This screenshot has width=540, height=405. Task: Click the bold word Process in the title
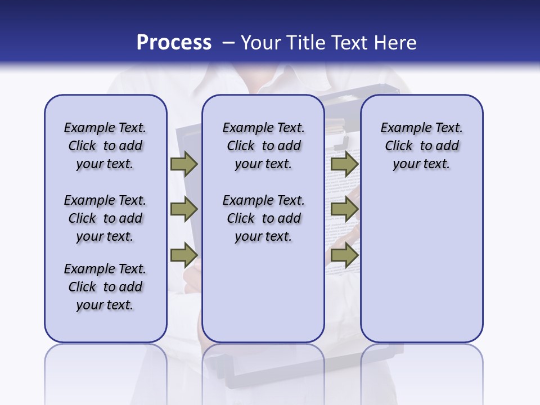coord(174,43)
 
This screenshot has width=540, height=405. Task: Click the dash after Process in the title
coord(228,43)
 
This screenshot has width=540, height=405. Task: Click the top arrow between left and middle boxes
coord(184,164)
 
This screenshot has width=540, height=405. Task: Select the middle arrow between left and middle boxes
coord(184,210)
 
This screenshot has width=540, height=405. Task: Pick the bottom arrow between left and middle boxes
coord(184,255)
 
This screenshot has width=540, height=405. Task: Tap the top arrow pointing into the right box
coord(344,164)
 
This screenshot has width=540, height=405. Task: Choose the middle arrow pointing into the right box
coord(344,210)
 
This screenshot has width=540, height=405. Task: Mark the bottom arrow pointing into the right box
coord(344,255)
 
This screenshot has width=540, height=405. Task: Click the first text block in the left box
coord(105,146)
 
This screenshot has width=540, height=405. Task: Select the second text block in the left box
coord(105,218)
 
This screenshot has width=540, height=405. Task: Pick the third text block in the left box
coord(105,287)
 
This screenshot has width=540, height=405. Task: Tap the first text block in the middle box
coord(263,146)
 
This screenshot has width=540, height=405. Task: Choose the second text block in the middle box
coord(263,218)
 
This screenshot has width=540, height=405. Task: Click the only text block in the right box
coord(421,146)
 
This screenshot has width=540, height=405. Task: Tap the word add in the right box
coord(447,146)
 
